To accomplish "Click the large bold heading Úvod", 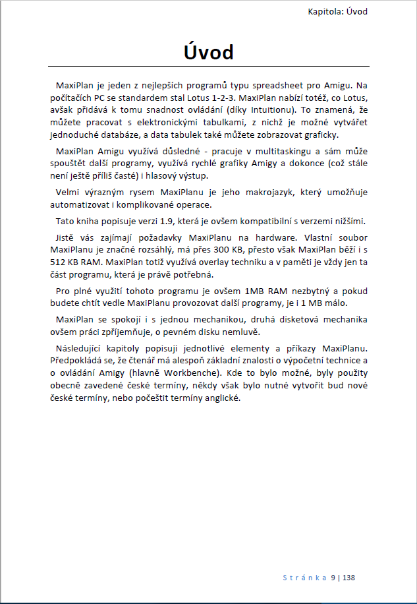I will [x=208, y=51].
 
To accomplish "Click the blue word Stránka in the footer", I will [x=305, y=578].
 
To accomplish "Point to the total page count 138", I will [x=348, y=578].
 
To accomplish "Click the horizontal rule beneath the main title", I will [x=208, y=67].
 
